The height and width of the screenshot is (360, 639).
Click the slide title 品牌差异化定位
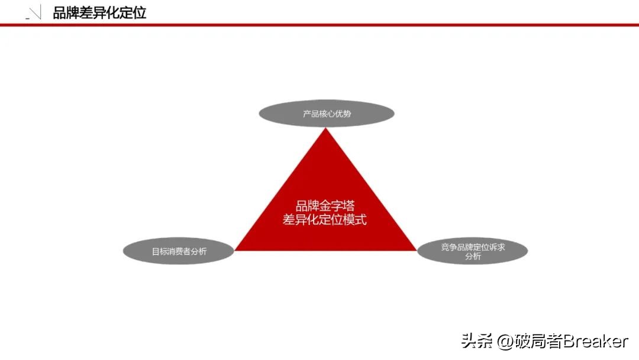pos(99,12)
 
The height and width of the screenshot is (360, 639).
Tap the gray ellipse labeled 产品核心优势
pos(327,113)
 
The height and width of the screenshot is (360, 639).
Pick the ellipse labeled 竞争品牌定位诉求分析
pos(473,251)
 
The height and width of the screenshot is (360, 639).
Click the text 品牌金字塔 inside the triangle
pos(325,207)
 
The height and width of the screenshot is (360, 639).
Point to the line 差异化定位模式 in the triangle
pos(325,220)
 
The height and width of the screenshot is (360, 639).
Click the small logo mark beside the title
pos(34,14)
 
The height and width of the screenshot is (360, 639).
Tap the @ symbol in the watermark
pos(505,342)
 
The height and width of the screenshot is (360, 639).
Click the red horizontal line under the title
pos(319,25)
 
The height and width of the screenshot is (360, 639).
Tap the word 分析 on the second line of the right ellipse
pos(473,256)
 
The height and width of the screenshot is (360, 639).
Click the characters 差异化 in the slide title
pos(99,12)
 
